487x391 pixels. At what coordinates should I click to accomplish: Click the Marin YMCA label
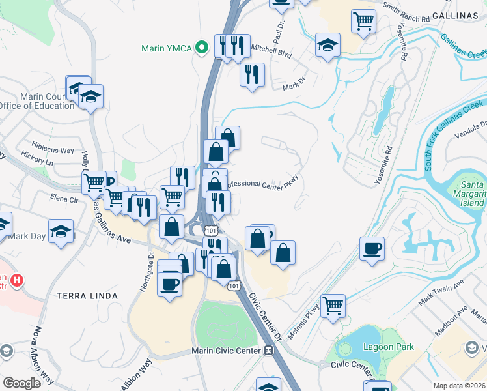coord(167,48)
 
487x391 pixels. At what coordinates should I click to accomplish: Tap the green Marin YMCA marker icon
coord(202,47)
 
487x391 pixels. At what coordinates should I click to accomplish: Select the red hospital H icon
coord(18,281)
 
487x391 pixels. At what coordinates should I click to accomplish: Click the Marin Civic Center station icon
coord(268,351)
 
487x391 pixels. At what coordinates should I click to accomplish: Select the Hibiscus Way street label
coord(53,150)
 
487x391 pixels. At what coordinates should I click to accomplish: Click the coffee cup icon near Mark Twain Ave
coord(372,248)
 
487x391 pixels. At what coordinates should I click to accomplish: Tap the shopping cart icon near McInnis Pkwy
coord(333,305)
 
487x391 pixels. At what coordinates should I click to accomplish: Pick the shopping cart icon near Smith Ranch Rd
coord(363,20)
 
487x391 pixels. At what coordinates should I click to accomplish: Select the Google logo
coord(21,383)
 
